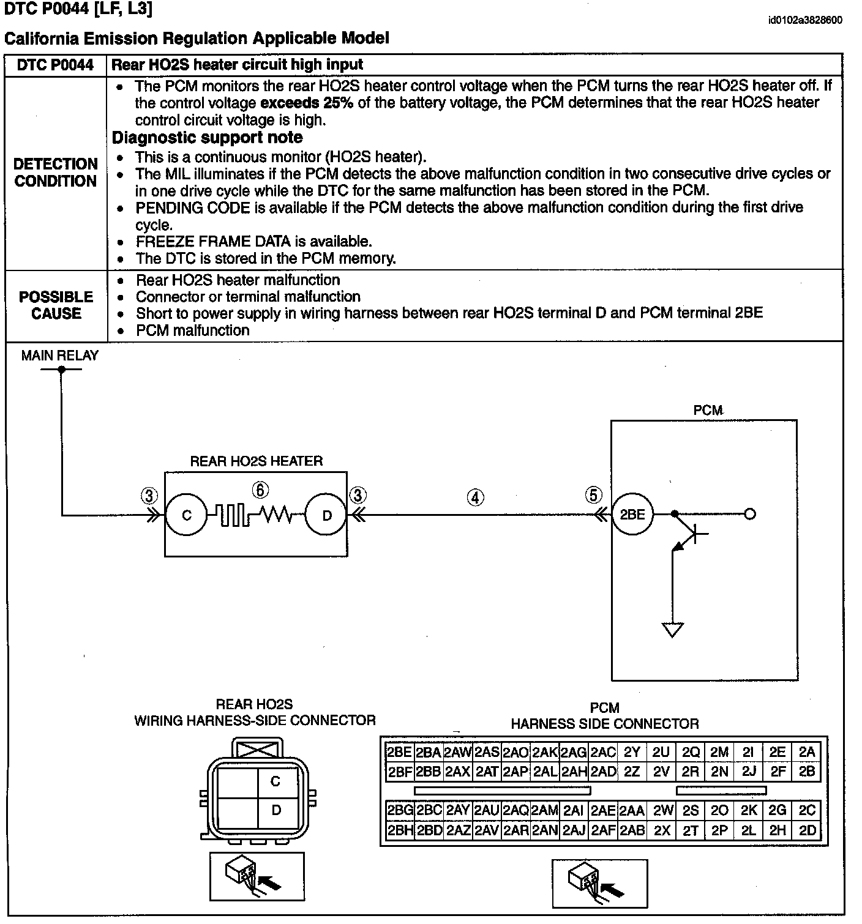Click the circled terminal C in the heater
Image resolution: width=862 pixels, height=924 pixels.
pos(187,515)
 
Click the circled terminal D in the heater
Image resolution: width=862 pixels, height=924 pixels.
pos(326,515)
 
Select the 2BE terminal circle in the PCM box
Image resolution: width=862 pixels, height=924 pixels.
pos(632,514)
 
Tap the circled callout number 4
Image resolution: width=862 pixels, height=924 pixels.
pos(475,497)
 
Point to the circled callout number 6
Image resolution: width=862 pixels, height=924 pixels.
pos(260,490)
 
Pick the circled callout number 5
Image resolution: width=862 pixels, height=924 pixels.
pos(593,494)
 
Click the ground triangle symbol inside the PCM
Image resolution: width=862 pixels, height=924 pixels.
pos(672,629)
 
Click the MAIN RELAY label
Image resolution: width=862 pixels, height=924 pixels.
pos(59,356)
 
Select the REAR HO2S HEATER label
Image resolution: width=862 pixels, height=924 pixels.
pos(256,461)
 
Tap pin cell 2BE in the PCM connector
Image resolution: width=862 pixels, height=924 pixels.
pos(399,752)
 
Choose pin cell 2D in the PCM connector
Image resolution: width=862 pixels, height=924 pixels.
pos(807,830)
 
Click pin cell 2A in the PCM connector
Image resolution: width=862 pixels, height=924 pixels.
pos(807,752)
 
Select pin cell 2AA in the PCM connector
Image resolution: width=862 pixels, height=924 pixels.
pos(631,811)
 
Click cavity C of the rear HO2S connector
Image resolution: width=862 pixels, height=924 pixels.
pos(275,781)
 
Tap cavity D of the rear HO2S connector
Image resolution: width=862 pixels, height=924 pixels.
pos(275,810)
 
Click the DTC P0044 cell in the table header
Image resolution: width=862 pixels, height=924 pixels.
pos(55,65)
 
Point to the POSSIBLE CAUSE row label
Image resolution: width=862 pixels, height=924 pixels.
pos(56,305)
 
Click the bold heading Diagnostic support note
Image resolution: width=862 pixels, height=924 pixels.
pos(207,137)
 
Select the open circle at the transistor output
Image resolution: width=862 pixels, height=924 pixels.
pos(749,514)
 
